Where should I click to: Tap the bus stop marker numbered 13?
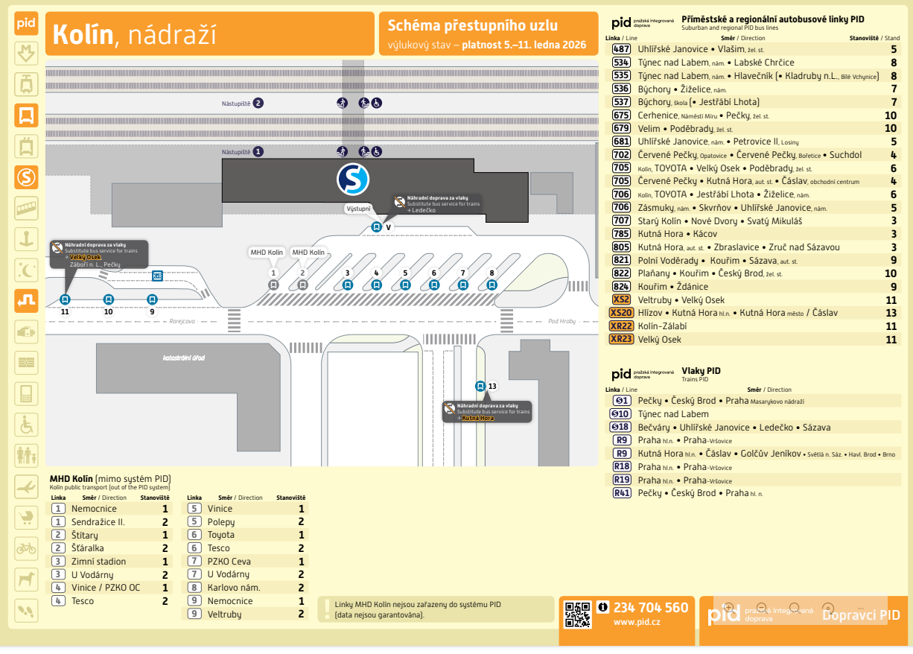(x=480, y=386)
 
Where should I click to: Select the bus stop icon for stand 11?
(x=65, y=299)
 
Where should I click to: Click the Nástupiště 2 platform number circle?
(x=258, y=103)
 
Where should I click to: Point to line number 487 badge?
(x=621, y=49)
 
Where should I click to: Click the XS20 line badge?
(x=621, y=313)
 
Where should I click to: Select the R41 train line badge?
(x=621, y=493)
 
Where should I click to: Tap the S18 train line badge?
(x=621, y=428)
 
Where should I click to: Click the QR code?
(x=577, y=615)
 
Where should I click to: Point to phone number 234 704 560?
(x=651, y=608)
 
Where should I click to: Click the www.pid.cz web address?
(x=637, y=622)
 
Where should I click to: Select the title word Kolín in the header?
(x=82, y=34)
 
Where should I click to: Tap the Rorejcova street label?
(x=182, y=323)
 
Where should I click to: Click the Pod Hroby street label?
(x=562, y=322)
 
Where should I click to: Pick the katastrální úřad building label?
(x=183, y=358)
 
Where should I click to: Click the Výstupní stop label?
(x=358, y=209)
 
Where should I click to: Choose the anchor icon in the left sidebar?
(x=27, y=239)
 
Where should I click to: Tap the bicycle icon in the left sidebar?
(x=27, y=548)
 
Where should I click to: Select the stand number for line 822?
(x=891, y=273)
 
